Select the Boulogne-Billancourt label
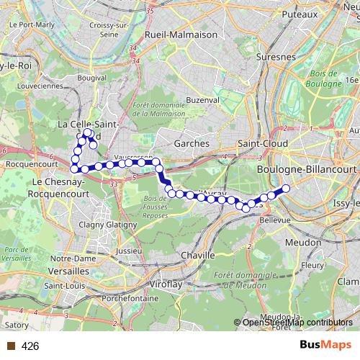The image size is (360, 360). [307, 168]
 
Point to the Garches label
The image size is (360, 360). [192, 143]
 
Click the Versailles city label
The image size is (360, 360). [69, 271]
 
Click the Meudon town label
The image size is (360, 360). [305, 243]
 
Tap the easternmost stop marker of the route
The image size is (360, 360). [285, 189]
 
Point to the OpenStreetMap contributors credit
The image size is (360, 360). [297, 323]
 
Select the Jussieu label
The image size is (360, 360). [129, 251]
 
